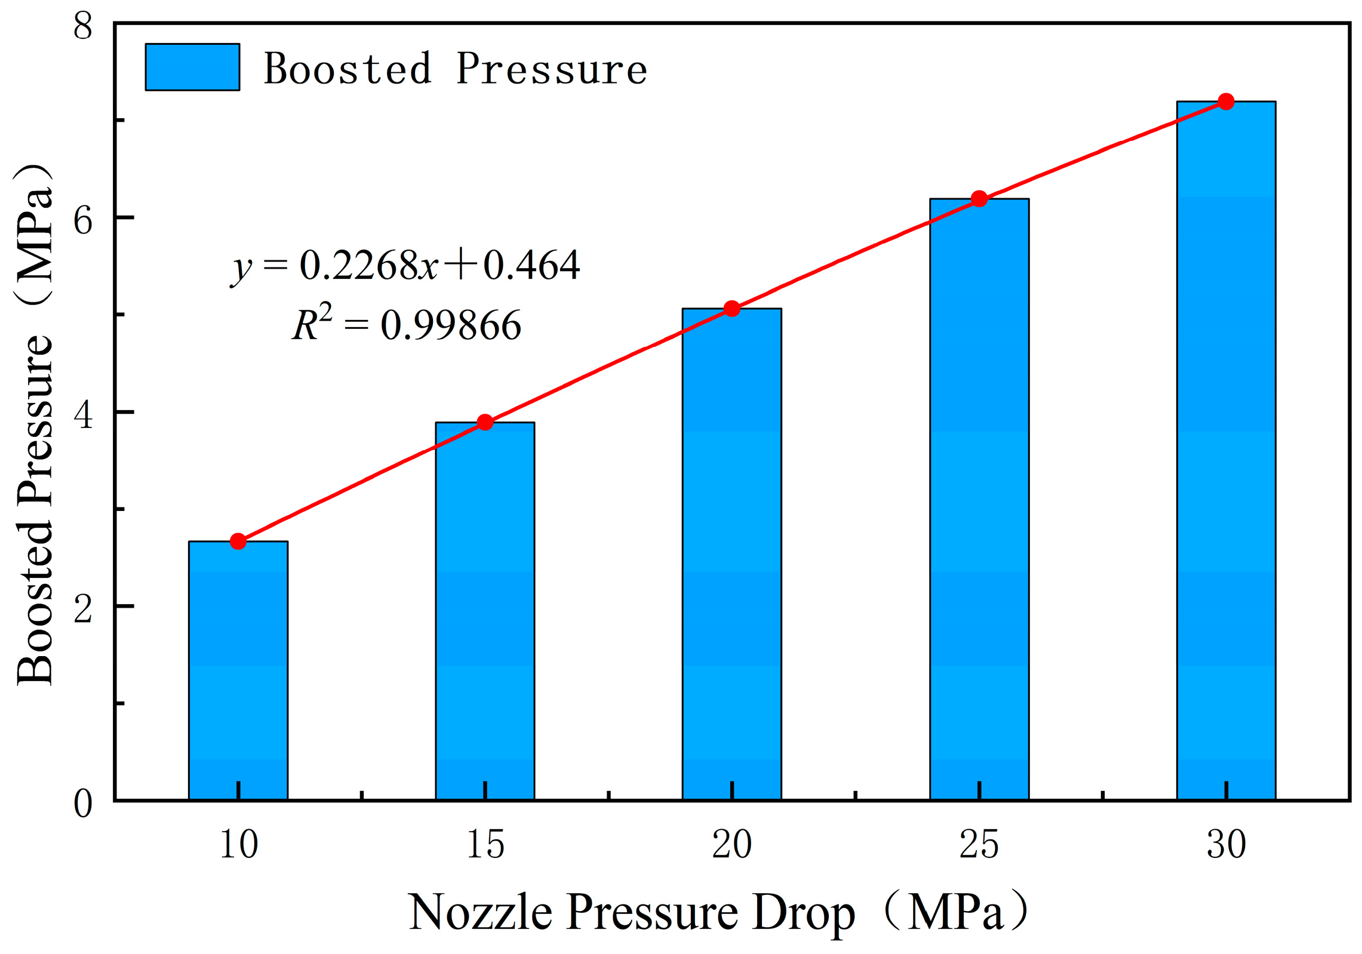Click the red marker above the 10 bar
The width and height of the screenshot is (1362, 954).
point(238,541)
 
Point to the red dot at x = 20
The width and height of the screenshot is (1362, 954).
point(731,308)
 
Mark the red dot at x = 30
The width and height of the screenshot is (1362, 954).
point(1225,101)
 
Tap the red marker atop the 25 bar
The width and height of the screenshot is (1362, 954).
point(979,199)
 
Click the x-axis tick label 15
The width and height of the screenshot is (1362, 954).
point(484,844)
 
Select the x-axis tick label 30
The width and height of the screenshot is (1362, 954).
point(1225,844)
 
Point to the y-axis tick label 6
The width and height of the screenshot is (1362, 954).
point(83,220)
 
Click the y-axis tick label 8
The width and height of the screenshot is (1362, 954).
point(83,26)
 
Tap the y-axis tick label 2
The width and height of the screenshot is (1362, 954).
point(83,609)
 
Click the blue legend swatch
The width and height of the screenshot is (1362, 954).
point(192,67)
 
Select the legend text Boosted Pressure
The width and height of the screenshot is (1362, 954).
point(455,69)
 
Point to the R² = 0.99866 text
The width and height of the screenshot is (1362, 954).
point(406,325)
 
